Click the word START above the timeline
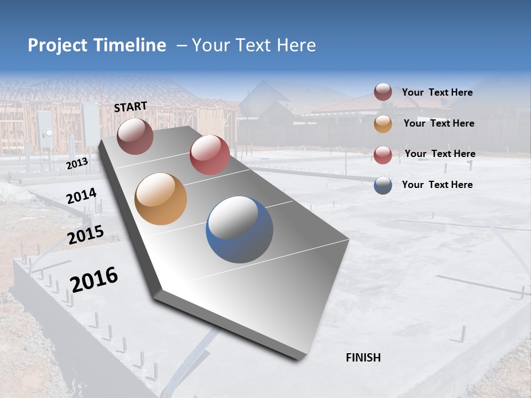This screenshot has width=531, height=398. (131, 107)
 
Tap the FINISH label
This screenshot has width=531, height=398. (363, 358)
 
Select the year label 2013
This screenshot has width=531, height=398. (77, 164)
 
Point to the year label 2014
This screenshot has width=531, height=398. (81, 196)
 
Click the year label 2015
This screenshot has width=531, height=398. (86, 235)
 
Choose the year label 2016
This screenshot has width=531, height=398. (94, 279)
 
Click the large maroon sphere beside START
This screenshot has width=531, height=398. (136, 136)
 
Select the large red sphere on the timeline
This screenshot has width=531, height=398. (210, 155)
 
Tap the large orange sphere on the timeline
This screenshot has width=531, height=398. (161, 199)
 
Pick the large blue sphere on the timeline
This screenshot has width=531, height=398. (240, 229)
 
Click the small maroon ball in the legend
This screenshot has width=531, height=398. (383, 92)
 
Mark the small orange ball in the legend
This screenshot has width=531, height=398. (383, 124)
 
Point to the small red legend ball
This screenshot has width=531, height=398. (383, 155)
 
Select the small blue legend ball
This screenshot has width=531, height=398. (383, 185)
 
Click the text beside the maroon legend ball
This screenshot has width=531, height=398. (437, 92)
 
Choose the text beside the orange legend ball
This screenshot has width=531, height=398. (439, 123)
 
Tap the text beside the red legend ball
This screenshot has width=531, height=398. (440, 154)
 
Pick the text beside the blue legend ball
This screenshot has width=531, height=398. (437, 185)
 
